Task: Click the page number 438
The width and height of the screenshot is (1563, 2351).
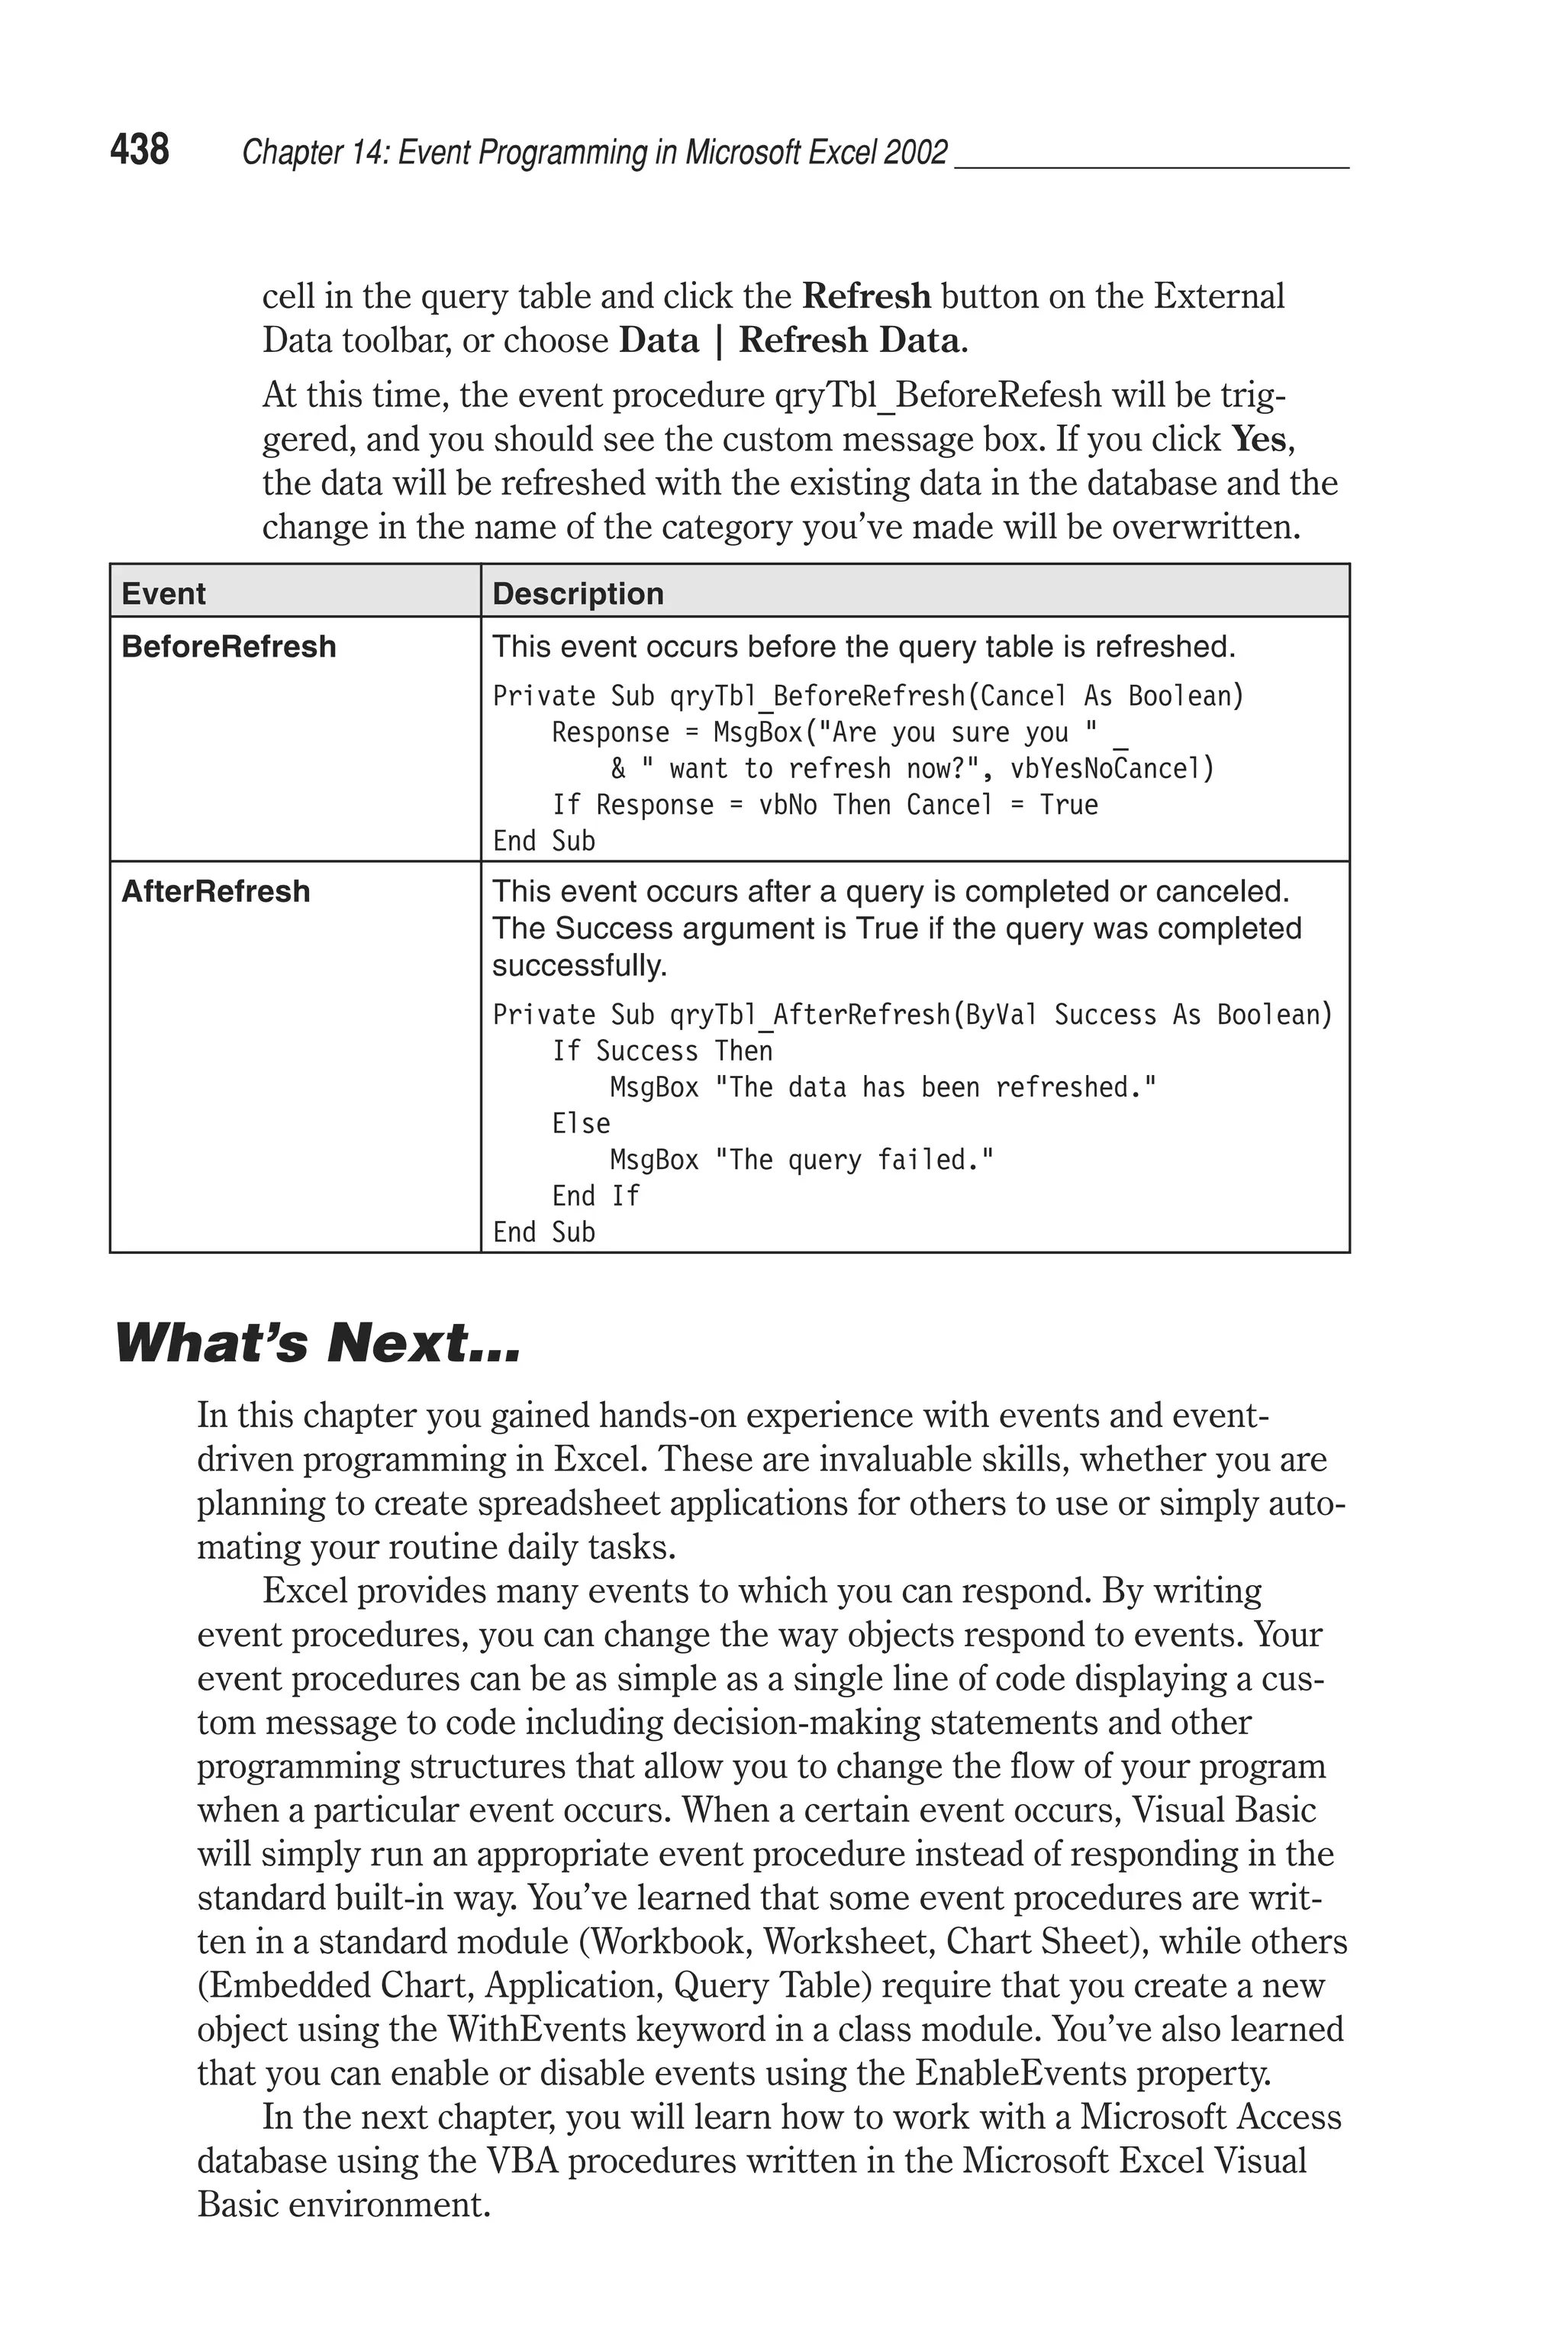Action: pyautogui.click(x=140, y=150)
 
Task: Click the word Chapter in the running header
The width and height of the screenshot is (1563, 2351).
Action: pyautogui.click(x=278, y=153)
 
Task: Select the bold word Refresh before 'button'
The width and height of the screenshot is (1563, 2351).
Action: pyautogui.click(x=865, y=296)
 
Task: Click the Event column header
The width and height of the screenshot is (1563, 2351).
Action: pyautogui.click(x=163, y=593)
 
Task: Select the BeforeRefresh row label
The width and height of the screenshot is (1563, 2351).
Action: pyautogui.click(x=228, y=646)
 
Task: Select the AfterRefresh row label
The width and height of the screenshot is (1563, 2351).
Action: pyautogui.click(x=215, y=890)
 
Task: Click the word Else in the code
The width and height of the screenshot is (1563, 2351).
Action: pyautogui.click(x=580, y=1124)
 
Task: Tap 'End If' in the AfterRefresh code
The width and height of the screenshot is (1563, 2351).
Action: pyautogui.click(x=595, y=1196)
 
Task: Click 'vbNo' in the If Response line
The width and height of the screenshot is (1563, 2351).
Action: pyautogui.click(x=788, y=805)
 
